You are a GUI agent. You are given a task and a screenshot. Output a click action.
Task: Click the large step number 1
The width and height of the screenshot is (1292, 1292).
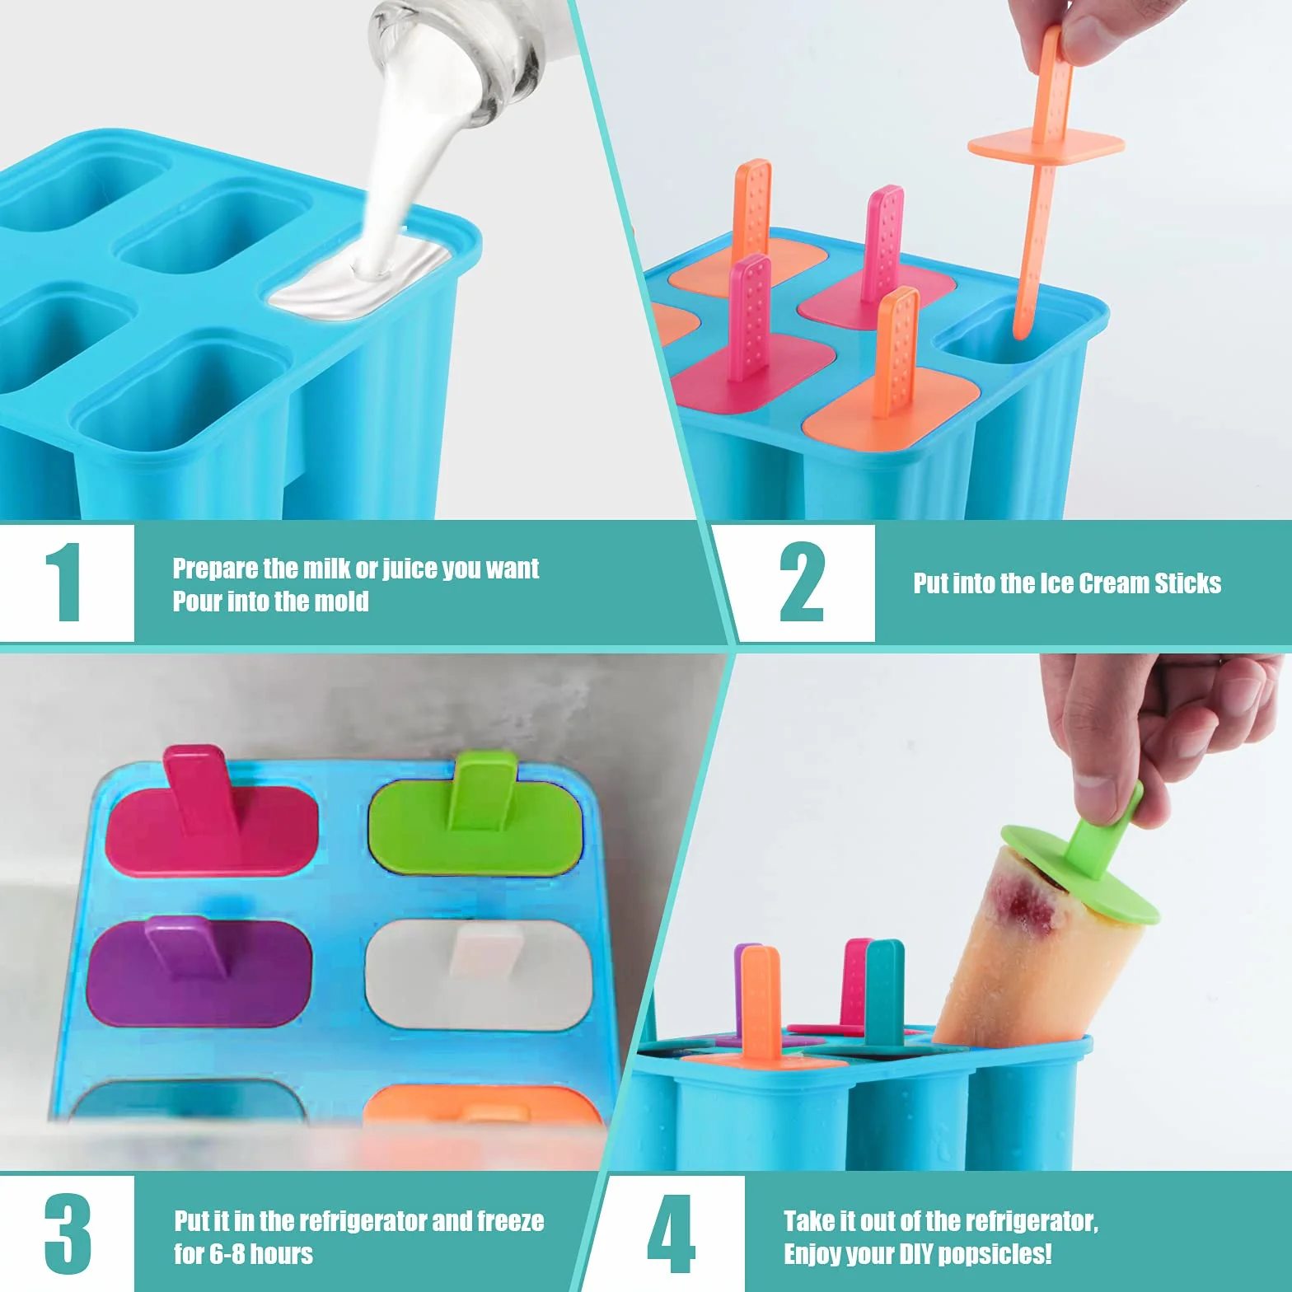coord(64,583)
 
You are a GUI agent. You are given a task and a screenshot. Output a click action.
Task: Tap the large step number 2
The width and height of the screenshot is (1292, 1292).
coord(802,582)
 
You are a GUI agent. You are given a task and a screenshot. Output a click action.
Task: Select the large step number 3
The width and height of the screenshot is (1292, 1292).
coord(68,1233)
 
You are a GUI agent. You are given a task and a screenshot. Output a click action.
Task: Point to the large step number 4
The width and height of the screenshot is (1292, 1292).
coord(671,1233)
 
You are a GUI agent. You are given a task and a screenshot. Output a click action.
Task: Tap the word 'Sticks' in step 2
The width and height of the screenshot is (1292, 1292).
coord(1187,583)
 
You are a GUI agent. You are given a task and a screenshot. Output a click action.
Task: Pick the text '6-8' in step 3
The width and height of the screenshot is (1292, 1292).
coord(227,1254)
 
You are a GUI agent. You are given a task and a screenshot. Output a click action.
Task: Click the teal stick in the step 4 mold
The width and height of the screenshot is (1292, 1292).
coord(883,993)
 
